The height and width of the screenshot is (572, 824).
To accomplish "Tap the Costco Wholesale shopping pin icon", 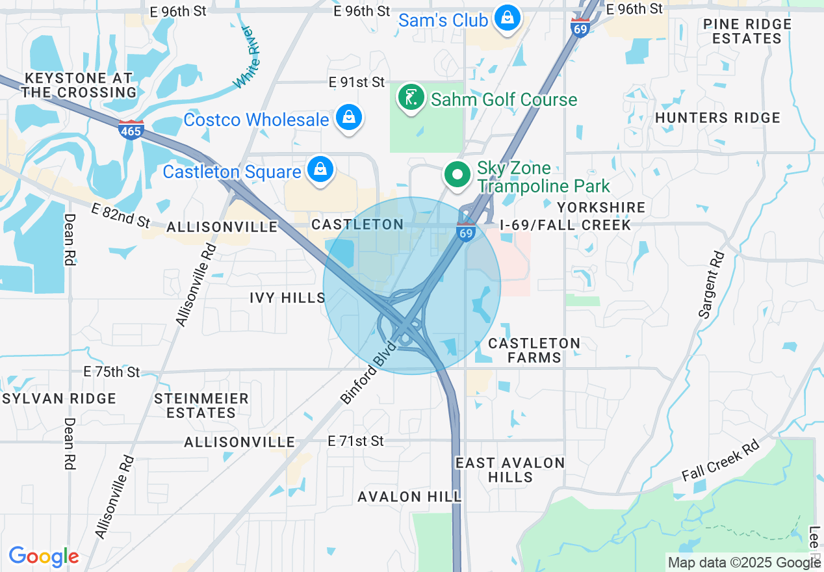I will coord(349,118).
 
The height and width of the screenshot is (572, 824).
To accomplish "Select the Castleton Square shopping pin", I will coord(320,170).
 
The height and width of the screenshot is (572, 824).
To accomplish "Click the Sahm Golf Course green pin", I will coord(410,98).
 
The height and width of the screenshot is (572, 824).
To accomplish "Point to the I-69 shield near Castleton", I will coord(465,232).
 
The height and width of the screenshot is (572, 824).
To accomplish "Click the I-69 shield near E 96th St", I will coord(580,28).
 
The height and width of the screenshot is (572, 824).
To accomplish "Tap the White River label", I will coord(248,57).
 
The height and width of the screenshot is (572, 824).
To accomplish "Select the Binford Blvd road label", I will coord(368,372).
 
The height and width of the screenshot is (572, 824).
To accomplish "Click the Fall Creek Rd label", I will coord(720,461).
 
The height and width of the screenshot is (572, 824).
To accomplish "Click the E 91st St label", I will coord(357,82).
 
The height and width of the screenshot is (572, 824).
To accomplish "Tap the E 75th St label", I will coord(112,372).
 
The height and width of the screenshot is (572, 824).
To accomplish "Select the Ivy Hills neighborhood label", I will coord(287,298).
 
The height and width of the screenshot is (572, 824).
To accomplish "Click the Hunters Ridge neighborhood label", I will coord(717,118).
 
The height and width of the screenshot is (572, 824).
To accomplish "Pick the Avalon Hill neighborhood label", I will coord(409,497).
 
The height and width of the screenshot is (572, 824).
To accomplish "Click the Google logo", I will coord(44,556).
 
